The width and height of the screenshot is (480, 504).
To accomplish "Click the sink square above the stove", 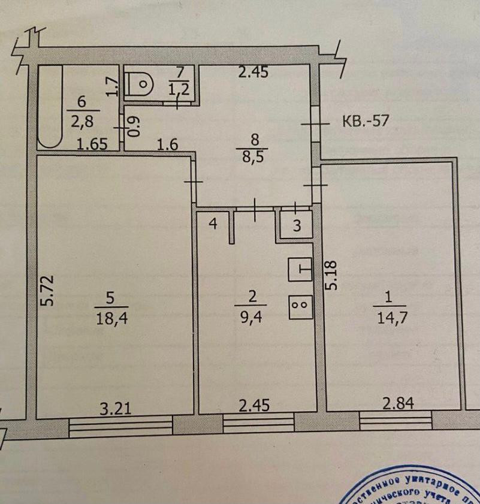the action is (301, 269).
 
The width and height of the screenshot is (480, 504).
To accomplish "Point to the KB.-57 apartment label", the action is (366, 120).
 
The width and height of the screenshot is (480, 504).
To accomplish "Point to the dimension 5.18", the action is (331, 275).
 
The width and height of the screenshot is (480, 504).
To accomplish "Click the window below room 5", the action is (120, 426).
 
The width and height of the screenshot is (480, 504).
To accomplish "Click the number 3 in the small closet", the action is (296, 226).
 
